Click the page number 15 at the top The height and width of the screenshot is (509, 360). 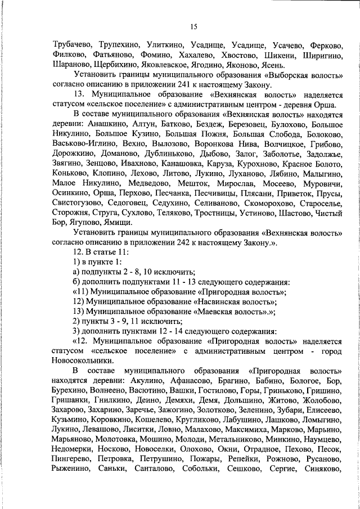tap(194, 26)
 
